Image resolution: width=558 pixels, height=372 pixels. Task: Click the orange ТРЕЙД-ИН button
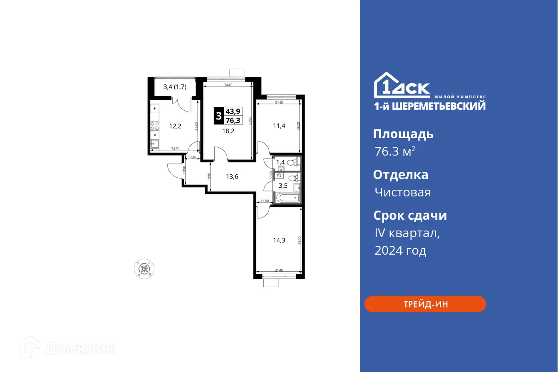(x=425, y=304)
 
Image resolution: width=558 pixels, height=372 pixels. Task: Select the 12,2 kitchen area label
(x=175, y=126)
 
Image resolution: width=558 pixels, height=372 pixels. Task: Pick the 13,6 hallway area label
(x=232, y=176)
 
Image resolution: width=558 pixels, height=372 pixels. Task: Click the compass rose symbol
(x=144, y=269)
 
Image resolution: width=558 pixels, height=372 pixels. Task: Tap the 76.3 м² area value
(x=395, y=151)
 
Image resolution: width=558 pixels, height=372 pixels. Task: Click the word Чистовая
(x=402, y=192)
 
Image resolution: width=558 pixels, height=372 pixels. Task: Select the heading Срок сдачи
(x=410, y=216)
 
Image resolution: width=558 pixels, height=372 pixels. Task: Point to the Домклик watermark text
(x=79, y=348)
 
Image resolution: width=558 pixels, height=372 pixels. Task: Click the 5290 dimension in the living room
(x=250, y=121)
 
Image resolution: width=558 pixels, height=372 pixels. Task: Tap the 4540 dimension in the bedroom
(x=299, y=242)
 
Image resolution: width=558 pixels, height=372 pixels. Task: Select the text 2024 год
(x=400, y=251)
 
